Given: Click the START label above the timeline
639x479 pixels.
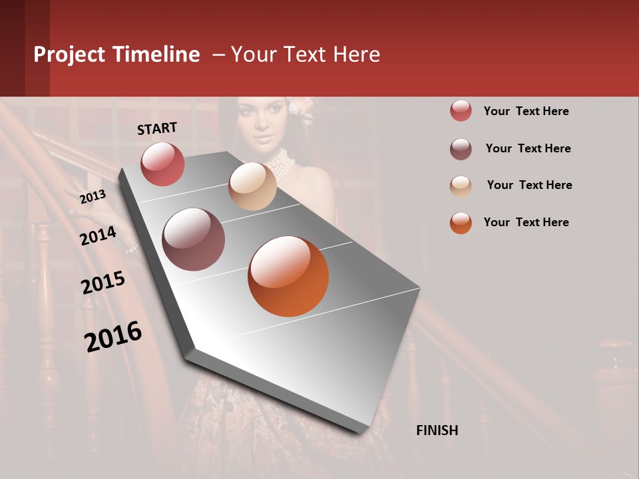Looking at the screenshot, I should [157, 128].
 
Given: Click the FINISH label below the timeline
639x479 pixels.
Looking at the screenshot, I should [437, 430].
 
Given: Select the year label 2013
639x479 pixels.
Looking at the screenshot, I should [93, 196].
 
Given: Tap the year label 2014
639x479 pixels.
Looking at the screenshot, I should [98, 236].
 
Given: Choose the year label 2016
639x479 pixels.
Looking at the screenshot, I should [113, 337].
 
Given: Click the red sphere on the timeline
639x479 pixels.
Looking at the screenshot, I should [162, 164].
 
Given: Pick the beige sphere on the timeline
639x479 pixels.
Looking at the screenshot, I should [252, 186].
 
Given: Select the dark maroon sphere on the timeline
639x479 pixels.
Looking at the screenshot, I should [193, 239].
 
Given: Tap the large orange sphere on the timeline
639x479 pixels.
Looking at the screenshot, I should [288, 276].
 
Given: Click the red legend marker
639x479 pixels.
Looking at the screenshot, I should [461, 111].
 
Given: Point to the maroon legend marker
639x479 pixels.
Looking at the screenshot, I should [461, 149].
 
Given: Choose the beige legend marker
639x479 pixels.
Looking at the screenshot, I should [461, 186].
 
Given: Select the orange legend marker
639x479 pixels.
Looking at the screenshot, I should [461, 223].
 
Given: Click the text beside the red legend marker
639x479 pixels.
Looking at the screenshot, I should [526, 111].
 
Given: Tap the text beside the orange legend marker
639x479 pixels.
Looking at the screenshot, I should [526, 222].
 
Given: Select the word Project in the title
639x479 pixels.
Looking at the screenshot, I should [69, 55].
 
